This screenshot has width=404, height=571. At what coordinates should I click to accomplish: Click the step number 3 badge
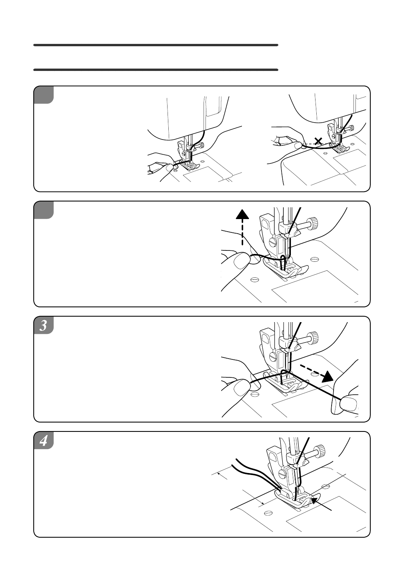point(43,325)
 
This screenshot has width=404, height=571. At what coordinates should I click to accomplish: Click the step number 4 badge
point(43,440)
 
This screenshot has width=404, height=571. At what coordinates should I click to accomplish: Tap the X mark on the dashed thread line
point(318,141)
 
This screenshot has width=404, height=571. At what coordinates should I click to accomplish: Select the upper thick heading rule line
point(155,45)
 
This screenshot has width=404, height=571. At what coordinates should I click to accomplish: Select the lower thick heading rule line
point(155,70)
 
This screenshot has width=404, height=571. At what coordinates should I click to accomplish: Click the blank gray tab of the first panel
point(43,95)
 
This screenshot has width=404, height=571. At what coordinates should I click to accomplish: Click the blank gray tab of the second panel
point(43,210)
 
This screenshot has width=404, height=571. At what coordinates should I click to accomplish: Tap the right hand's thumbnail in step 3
point(349,403)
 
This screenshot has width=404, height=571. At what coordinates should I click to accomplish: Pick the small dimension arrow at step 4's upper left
point(219,473)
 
